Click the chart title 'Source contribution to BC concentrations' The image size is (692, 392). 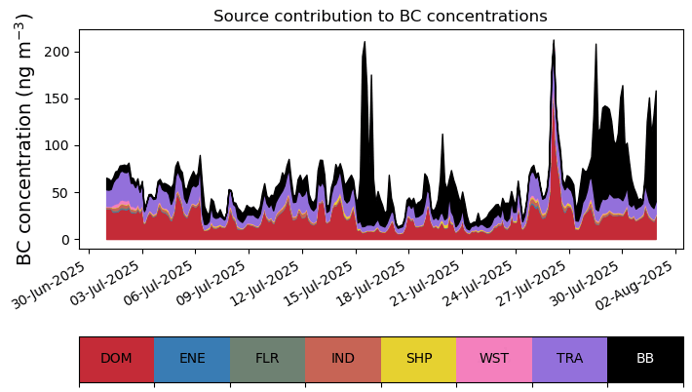(x=380, y=17)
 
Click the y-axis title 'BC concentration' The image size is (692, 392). (x=25, y=138)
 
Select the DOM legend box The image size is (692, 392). (x=116, y=359)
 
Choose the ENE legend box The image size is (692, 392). (x=192, y=359)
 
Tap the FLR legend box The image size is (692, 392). (x=267, y=359)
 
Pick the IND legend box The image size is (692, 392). (x=343, y=359)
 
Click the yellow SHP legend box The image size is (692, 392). (x=419, y=359)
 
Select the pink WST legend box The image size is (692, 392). (x=494, y=359)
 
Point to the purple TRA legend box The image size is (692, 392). (x=570, y=359)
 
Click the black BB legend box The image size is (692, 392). (x=645, y=359)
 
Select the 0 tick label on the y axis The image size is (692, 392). (x=67, y=240)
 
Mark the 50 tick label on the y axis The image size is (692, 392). (x=62, y=193)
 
